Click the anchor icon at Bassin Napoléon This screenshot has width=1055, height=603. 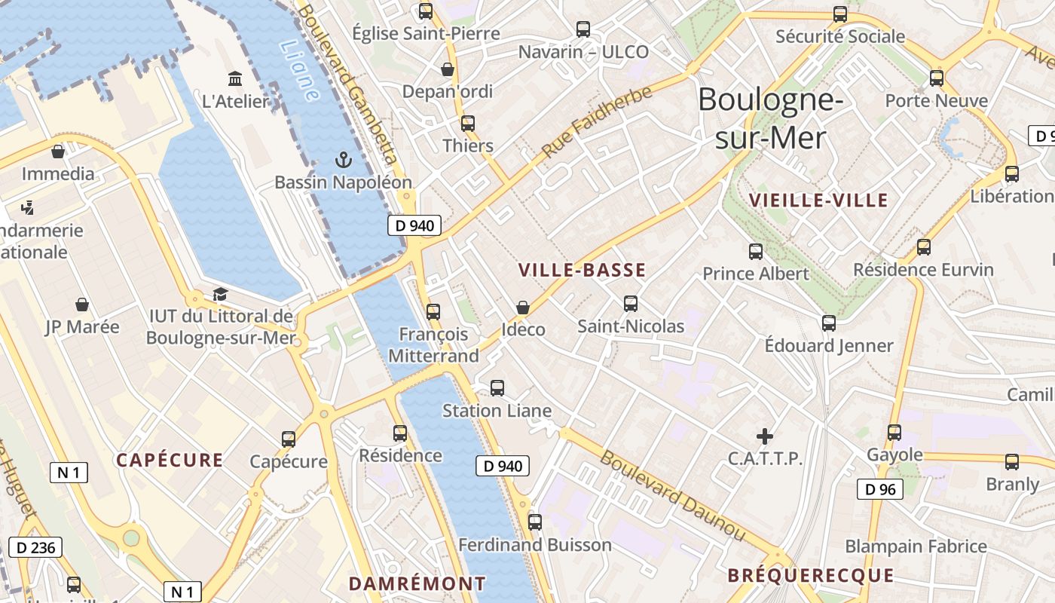(344, 159)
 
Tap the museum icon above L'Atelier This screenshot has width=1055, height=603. (235, 78)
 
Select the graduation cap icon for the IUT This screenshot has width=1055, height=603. (220, 294)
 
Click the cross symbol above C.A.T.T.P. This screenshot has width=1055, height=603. (765, 436)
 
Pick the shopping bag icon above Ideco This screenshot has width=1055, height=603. (523, 308)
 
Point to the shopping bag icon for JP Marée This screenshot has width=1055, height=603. (82, 305)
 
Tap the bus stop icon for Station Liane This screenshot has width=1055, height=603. (497, 388)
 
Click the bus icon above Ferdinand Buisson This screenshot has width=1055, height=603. (535, 522)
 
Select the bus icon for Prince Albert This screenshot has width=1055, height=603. (756, 252)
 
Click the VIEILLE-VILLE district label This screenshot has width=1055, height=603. (819, 200)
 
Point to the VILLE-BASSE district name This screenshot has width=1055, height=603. (582, 271)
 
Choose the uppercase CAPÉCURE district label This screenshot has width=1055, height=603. (170, 461)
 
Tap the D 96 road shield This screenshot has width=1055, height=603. (880, 489)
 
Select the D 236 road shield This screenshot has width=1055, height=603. (35, 547)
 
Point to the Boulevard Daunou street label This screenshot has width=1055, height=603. (672, 495)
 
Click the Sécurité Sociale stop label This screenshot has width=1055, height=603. (840, 36)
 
